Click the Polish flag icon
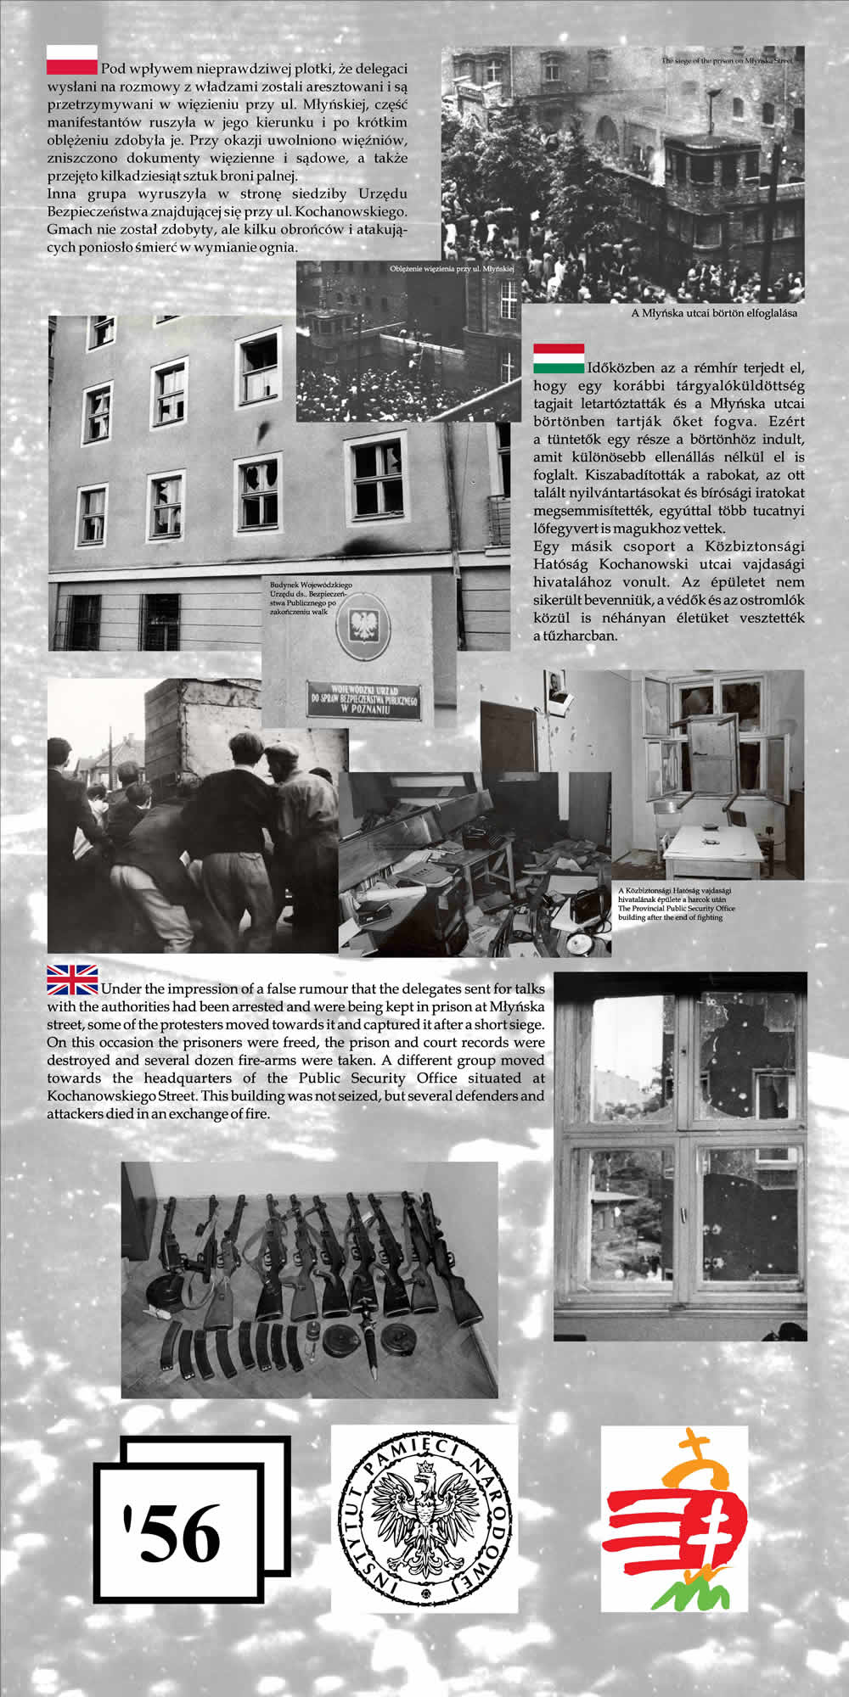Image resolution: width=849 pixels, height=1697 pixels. point(71,59)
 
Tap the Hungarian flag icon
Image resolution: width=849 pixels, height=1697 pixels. point(559,358)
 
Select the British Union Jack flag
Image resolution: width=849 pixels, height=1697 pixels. point(72,979)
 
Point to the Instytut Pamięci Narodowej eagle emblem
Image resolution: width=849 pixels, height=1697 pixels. point(424,1519)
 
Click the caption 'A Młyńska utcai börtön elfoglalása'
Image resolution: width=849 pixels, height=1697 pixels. point(714,312)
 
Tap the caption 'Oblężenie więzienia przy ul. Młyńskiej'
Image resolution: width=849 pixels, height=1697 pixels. point(453,268)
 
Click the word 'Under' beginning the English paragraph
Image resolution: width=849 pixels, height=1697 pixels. point(119,989)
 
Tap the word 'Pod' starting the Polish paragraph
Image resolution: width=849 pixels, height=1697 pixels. point(111,69)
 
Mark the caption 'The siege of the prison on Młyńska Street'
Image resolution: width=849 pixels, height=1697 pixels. point(726,62)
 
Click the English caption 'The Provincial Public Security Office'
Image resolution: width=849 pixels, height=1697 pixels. point(677,909)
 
